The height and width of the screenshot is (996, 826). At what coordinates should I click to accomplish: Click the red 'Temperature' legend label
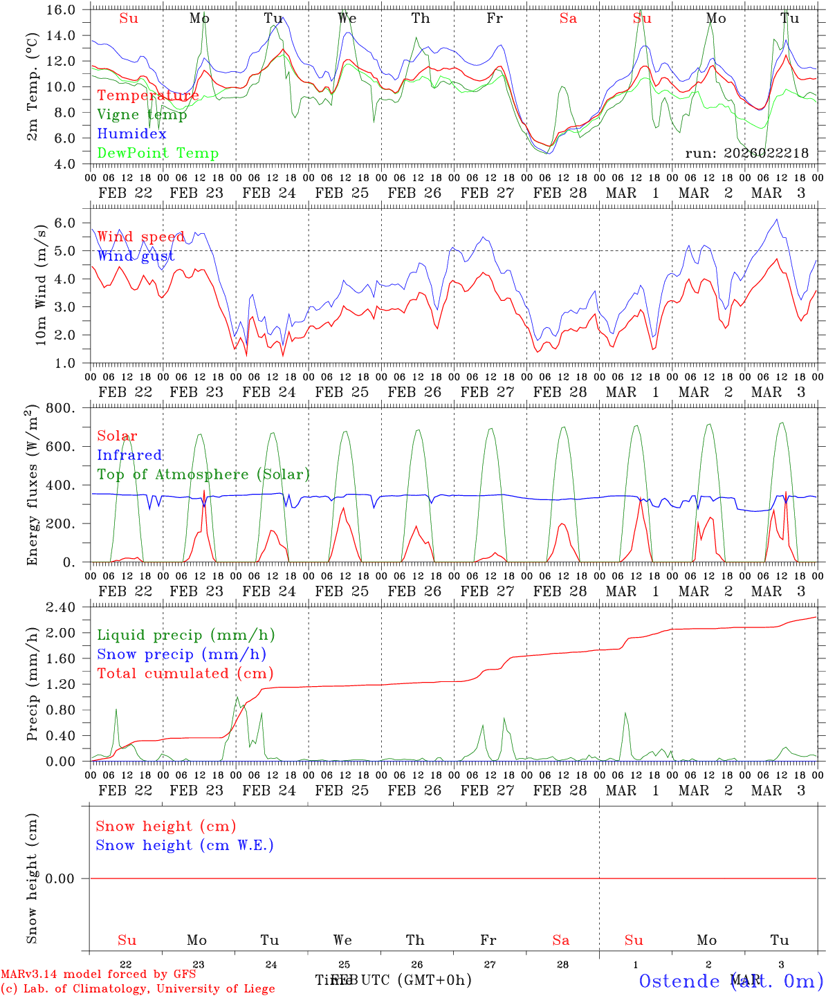click(x=148, y=95)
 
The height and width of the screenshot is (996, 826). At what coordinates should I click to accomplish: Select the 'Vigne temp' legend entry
click(x=142, y=115)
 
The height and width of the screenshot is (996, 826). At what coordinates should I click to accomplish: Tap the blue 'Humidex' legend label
click(x=131, y=134)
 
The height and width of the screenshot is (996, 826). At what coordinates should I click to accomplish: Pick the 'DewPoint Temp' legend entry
click(x=158, y=154)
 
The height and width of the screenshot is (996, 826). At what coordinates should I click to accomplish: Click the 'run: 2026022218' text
click(x=746, y=154)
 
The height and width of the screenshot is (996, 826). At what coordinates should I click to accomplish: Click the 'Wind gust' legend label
click(x=136, y=257)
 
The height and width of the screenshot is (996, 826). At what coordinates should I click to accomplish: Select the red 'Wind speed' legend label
click(x=140, y=237)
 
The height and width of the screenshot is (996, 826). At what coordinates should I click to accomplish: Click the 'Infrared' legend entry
click(x=129, y=455)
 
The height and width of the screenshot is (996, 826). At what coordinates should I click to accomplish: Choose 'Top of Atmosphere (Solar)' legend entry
click(x=203, y=474)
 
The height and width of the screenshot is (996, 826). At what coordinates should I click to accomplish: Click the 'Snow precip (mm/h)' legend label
click(x=181, y=654)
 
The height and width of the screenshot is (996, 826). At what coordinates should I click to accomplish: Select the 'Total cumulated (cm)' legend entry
click(x=185, y=674)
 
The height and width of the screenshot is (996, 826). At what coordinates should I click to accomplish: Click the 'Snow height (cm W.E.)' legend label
click(x=184, y=845)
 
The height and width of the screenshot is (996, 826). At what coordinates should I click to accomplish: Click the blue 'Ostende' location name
click(x=679, y=981)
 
